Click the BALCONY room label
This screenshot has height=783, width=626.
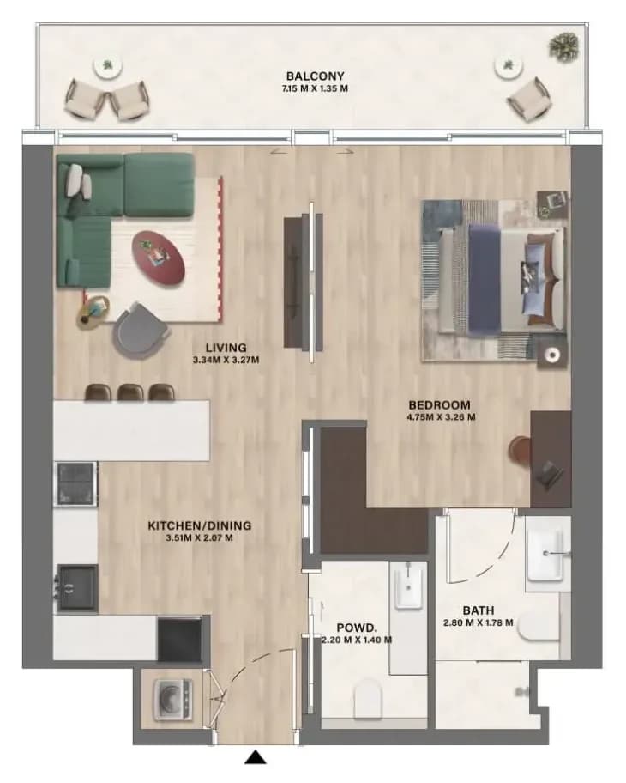(x=315, y=76)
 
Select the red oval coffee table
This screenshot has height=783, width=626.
(x=158, y=258)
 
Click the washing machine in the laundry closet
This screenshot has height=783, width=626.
(x=172, y=700)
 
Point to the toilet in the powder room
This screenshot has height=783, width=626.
(x=367, y=697)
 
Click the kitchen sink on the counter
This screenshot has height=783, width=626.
(x=76, y=588)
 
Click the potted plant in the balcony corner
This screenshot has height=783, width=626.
(x=564, y=45)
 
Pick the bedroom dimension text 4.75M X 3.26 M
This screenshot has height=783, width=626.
(x=441, y=417)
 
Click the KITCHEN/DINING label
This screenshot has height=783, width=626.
(x=200, y=525)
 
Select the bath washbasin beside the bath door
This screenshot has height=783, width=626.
(x=549, y=555)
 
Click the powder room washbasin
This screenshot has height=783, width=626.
(x=409, y=586)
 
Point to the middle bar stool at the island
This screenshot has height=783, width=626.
(x=130, y=392)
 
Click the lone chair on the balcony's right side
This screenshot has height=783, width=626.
(x=529, y=100)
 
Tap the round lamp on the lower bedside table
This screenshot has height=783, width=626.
(x=552, y=355)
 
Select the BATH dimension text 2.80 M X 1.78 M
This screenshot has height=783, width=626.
(x=478, y=622)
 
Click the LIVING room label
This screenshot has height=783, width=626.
(x=226, y=348)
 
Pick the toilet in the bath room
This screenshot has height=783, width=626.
(x=538, y=629)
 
